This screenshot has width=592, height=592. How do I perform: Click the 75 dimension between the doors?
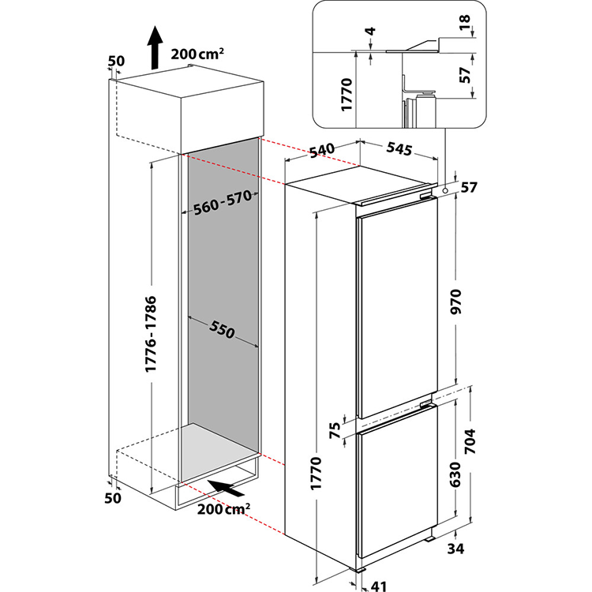pos(335,430)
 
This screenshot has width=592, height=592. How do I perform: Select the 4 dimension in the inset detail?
pos(372,32)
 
